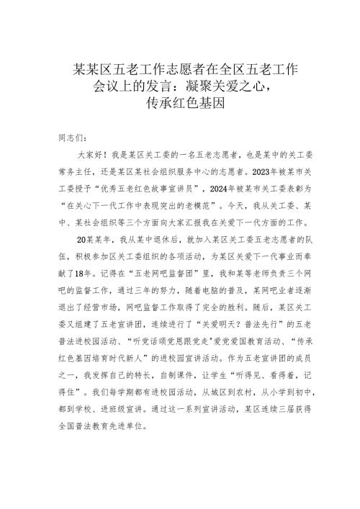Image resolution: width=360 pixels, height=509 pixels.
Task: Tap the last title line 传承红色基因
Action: tap(179, 104)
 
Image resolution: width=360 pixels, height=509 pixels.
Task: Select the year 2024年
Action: tap(204, 190)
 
